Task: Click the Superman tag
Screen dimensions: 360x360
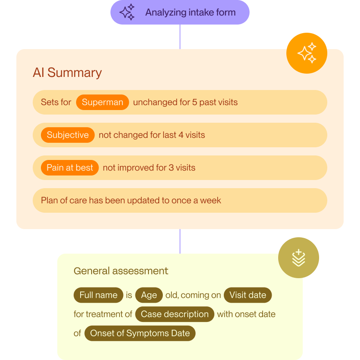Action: click(102, 102)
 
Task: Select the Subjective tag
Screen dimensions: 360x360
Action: click(67, 135)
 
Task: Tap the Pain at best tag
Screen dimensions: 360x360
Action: click(70, 168)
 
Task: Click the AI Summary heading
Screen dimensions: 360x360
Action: click(67, 73)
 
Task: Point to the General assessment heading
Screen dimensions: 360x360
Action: click(121, 271)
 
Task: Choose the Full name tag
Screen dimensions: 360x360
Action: click(98, 295)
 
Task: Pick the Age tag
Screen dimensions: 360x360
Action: click(149, 295)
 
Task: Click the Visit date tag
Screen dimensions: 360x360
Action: click(248, 295)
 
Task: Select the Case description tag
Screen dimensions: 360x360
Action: click(175, 314)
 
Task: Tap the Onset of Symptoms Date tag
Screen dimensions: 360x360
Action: click(140, 333)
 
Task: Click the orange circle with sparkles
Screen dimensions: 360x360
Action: click(306, 53)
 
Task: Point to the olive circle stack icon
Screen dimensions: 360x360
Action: click(298, 258)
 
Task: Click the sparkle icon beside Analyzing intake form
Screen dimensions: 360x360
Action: click(127, 12)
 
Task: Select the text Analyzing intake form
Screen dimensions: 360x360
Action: click(190, 12)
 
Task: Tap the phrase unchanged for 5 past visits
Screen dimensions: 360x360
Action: click(185, 102)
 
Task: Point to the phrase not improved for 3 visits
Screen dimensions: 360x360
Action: click(149, 168)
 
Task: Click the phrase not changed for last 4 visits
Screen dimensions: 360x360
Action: click(152, 135)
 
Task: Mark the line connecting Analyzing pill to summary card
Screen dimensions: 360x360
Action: click(180, 37)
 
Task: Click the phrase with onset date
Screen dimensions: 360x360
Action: click(246, 314)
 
